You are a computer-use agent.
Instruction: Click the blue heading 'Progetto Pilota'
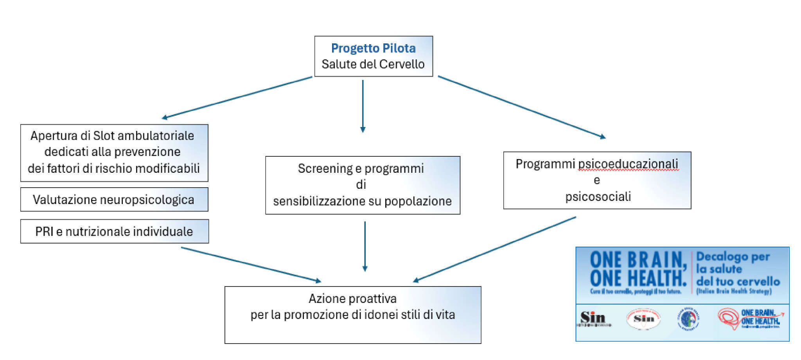(x=373, y=48)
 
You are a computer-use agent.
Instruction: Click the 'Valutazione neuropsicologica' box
(x=114, y=200)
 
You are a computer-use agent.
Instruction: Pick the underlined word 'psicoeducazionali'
(x=628, y=164)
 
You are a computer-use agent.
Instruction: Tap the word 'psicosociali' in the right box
(x=598, y=196)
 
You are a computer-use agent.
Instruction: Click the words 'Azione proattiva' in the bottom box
(x=352, y=299)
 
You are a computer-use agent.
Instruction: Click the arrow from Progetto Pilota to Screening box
(x=363, y=106)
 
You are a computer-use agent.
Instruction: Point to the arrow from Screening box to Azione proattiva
(x=365, y=246)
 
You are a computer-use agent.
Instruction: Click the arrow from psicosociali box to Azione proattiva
(x=495, y=249)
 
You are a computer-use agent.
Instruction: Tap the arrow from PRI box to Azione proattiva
(x=251, y=264)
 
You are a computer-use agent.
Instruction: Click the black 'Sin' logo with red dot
(x=594, y=318)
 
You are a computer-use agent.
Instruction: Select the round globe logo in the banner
(x=688, y=319)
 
